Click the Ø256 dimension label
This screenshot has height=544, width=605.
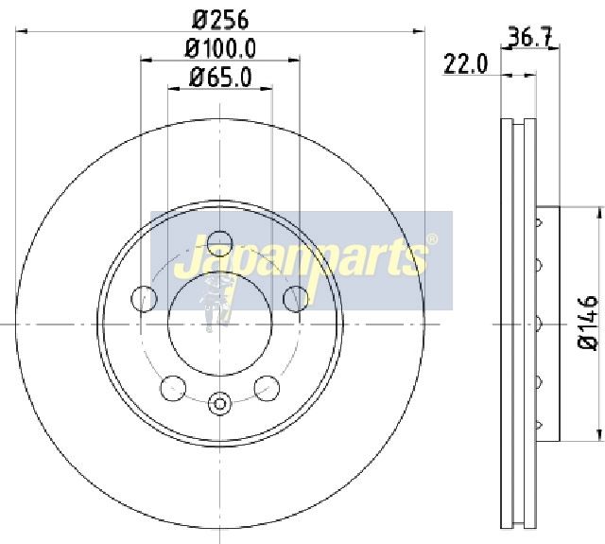point(220,20)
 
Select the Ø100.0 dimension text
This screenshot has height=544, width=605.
point(220,49)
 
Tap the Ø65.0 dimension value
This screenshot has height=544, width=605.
point(220,78)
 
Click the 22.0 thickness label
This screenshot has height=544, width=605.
point(466,64)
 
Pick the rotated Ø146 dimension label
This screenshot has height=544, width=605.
point(587,323)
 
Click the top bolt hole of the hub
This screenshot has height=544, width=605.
point(220,244)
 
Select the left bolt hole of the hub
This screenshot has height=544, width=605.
point(144,298)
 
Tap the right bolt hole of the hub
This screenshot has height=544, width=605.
point(296,298)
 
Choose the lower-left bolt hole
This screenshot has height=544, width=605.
point(173,388)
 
